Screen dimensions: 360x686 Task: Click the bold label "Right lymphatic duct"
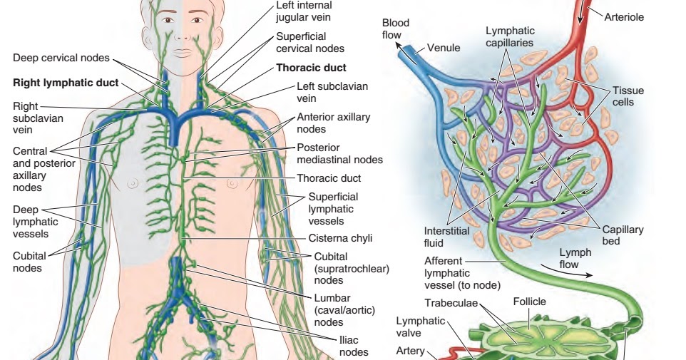pyautogui.click(x=66, y=83)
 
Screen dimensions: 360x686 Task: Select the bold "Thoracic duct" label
pyautogui.click(x=312, y=68)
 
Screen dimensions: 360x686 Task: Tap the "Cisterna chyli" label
pyautogui.click(x=340, y=238)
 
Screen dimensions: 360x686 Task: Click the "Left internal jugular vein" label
pyautogui.click(x=303, y=11)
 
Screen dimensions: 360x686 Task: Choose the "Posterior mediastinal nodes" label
pyautogui.click(x=339, y=153)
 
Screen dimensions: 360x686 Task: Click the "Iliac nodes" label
pyautogui.click(x=354, y=346)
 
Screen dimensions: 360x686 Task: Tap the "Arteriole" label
pyautogui.click(x=624, y=16)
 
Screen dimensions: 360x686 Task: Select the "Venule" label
pyautogui.click(x=444, y=48)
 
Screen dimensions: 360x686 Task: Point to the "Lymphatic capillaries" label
pyautogui.click(x=510, y=37)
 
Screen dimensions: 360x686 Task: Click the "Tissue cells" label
pyautogui.click(x=628, y=96)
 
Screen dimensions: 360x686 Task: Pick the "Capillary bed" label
pyautogui.click(x=623, y=235)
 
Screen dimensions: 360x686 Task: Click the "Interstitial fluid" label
pyautogui.click(x=447, y=237)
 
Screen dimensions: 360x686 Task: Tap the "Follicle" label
pyautogui.click(x=529, y=302)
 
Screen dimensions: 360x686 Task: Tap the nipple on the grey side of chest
pyautogui.click(x=132, y=183)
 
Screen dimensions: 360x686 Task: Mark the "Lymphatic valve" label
pyautogui.click(x=420, y=326)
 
